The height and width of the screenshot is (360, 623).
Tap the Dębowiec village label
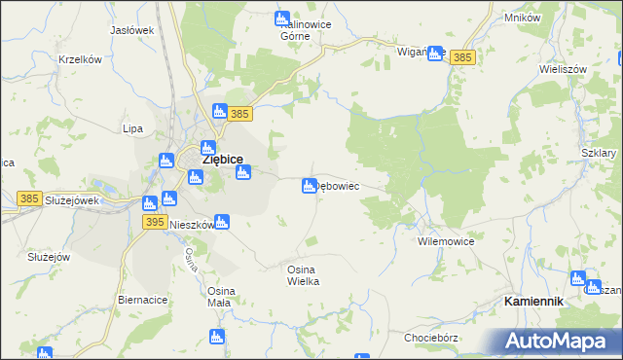[x=339, y=186]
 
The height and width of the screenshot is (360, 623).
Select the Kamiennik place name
[x=534, y=302]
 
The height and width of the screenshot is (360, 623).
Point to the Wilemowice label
[x=445, y=239]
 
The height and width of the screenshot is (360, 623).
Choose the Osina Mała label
[x=219, y=297]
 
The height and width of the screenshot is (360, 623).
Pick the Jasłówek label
[x=132, y=30]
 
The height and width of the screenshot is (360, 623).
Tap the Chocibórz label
[x=432, y=338]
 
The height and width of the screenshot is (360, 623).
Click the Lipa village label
[x=133, y=127]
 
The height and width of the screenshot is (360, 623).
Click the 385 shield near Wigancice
[x=463, y=58]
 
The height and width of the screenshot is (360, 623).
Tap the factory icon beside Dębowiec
[x=310, y=186]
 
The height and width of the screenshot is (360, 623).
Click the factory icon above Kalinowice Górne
[x=282, y=18]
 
